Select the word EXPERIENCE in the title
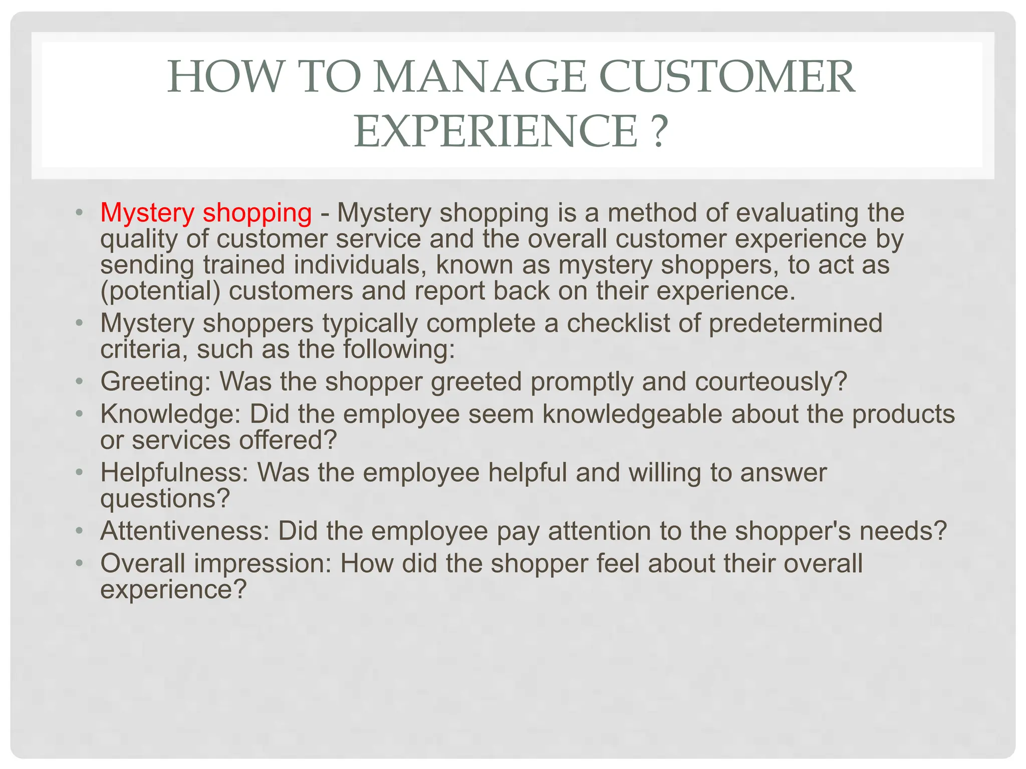tap(496, 131)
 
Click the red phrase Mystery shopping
tap(206, 213)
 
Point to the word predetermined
tap(795, 323)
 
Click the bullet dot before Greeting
tap(79, 382)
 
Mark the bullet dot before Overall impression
tap(79, 564)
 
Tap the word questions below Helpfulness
tap(165, 499)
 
